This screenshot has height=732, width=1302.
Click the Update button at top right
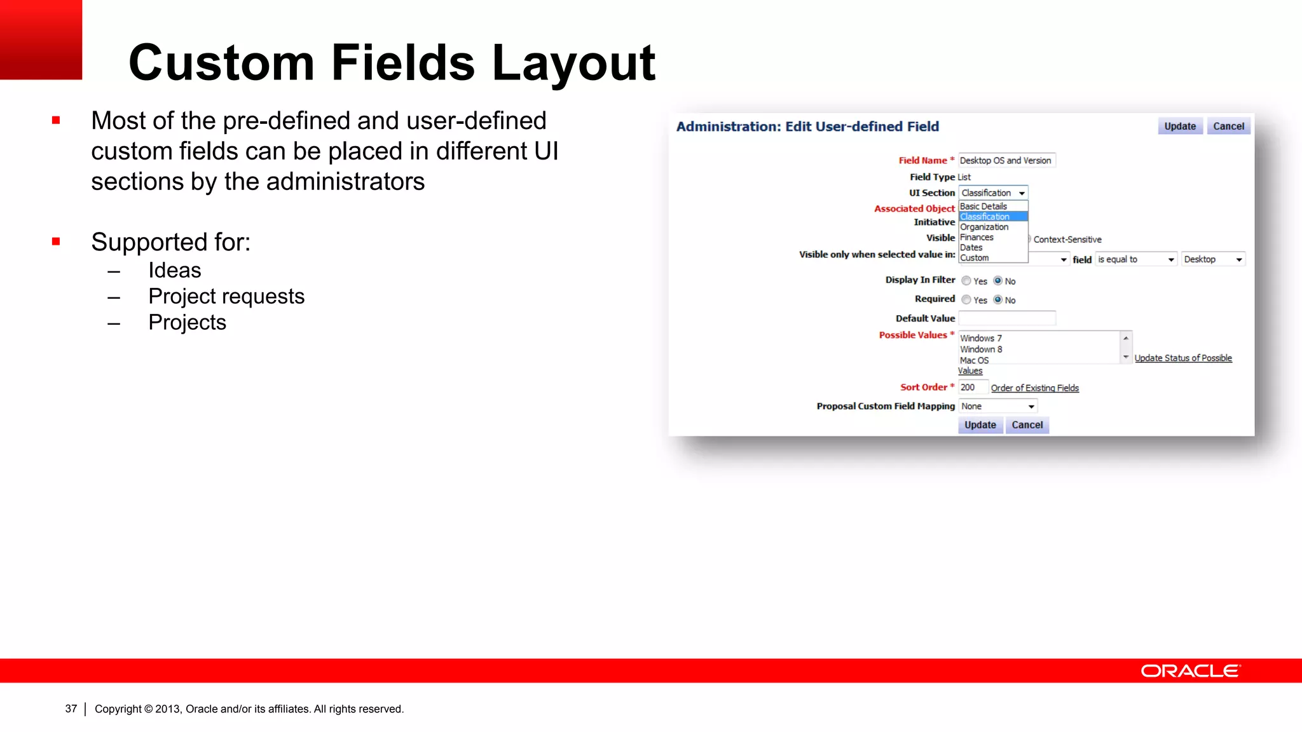pos(1180,126)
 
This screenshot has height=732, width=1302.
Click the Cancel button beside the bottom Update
pos(1027,425)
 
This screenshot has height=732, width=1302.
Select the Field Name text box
pos(1006,161)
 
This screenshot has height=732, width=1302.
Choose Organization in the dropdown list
pos(985,227)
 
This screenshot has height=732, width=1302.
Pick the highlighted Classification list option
pos(985,217)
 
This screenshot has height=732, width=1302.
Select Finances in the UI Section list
pos(977,237)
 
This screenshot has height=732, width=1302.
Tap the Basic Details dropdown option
pos(983,207)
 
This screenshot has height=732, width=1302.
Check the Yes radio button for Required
pos(966,300)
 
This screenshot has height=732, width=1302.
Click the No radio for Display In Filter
pos(998,281)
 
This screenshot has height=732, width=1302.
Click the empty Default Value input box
pos(1006,318)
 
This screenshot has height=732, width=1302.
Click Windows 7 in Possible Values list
pos(981,339)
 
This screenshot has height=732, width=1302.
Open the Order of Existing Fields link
pos(1034,388)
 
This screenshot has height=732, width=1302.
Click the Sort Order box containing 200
pos(972,388)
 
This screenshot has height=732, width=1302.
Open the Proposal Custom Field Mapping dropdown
pos(998,407)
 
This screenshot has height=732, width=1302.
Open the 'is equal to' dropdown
pos(1135,260)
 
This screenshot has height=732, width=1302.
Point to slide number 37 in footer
pos(71,709)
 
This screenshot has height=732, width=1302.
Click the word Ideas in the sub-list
pos(175,271)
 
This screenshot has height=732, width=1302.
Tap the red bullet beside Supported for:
pos(56,241)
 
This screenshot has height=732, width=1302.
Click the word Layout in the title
pos(573,64)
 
